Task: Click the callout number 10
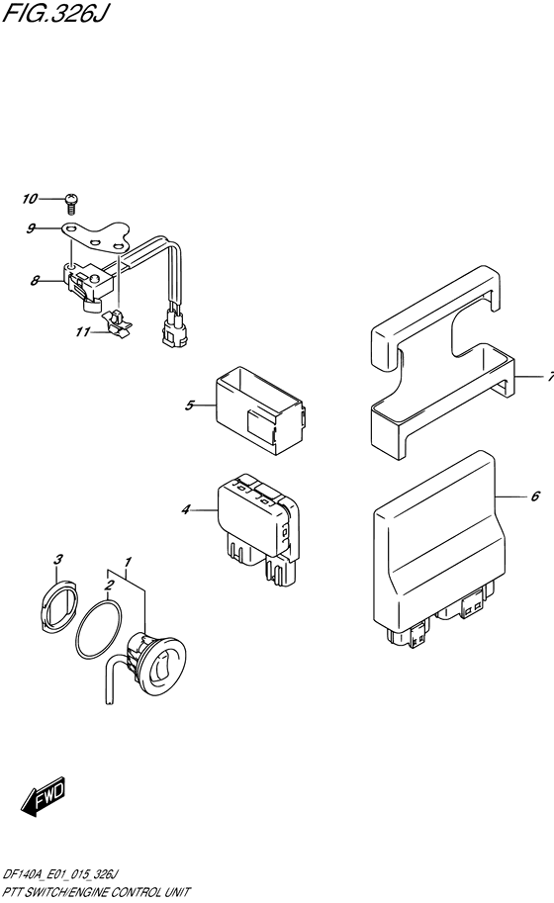30,199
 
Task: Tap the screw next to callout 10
72,200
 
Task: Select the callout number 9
31,228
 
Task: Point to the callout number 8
36,281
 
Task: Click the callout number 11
83,332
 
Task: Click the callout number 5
190,406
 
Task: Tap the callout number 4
185,509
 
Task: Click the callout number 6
535,496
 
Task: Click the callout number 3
57,559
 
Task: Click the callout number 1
128,562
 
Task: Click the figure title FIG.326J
55,13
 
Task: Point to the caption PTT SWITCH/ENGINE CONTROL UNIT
97,893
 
